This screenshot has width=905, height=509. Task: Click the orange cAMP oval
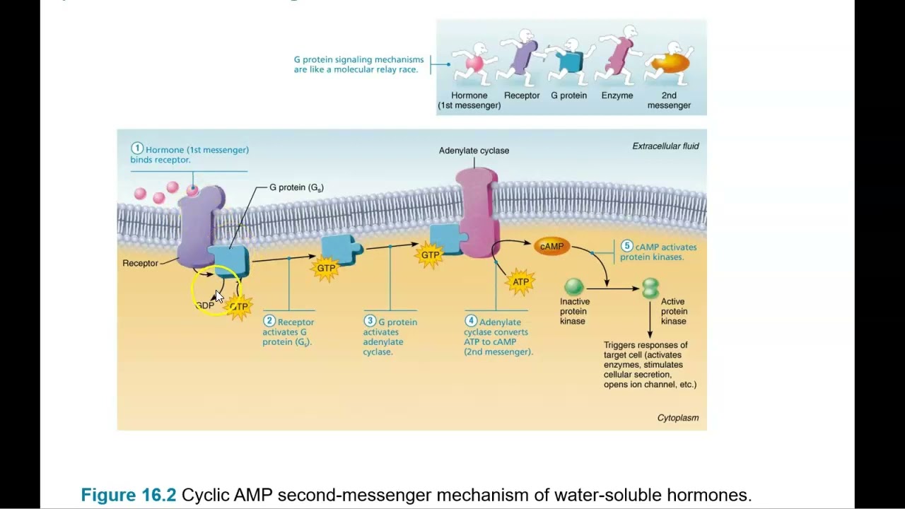pos(551,246)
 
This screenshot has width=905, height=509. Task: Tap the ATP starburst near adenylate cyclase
pos(520,282)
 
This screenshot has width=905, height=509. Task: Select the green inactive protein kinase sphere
pos(573,286)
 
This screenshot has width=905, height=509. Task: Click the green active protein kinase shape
pos(650,288)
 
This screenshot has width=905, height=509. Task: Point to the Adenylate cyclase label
pos(474,151)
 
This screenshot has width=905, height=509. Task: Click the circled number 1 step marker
pos(137,149)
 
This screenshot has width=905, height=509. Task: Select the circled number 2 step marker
pos(269,322)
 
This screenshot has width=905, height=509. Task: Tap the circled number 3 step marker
pos(370,322)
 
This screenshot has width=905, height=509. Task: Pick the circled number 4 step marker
pos(471,322)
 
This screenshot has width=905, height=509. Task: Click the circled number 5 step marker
pos(626,246)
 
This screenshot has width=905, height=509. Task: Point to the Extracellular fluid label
pos(665,146)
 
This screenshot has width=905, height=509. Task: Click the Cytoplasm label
pos(677,418)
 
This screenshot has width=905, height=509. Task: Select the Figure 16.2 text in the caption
pos(128,495)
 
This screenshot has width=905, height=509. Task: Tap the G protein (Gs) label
pos(296,187)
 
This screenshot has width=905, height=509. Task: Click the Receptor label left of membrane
pos(140,263)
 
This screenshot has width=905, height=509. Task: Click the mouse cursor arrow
pos(218,297)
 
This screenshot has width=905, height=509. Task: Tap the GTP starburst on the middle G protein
pos(326,269)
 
